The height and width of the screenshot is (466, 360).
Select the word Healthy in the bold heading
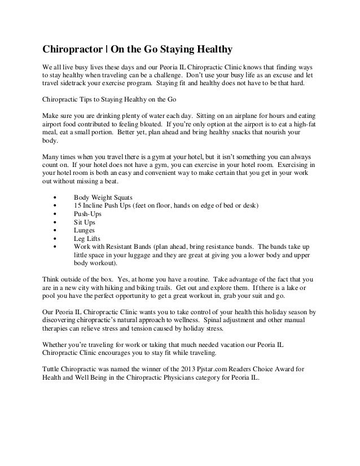[210, 49]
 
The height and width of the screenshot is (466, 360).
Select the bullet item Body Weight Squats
[103, 197]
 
